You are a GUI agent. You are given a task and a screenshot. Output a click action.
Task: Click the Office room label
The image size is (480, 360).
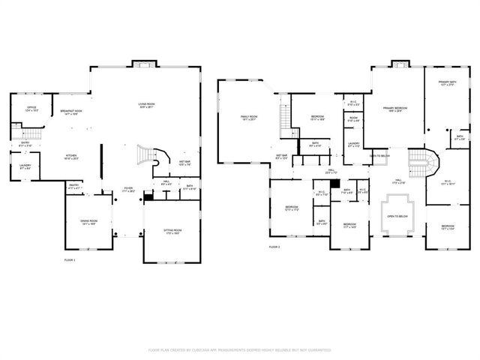tap(32, 109)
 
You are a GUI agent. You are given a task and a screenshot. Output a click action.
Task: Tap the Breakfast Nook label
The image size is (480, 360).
tap(71, 112)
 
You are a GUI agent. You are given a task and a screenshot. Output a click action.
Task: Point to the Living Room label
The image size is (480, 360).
tap(145, 106)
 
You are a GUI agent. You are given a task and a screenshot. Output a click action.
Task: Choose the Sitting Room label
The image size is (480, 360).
tap(172, 232)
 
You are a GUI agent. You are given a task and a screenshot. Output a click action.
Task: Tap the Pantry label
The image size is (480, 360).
tap(75, 186)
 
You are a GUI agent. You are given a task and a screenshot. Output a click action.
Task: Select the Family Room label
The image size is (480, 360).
tap(249, 118)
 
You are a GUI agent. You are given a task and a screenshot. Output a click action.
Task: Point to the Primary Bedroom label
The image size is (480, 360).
tap(395, 109)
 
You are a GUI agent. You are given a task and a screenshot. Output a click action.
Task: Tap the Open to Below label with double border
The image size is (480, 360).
tap(397, 216)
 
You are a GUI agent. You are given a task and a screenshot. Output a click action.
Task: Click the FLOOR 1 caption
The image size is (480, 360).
tap(70, 259)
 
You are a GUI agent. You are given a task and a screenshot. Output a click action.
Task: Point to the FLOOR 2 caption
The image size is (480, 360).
tap(274, 247)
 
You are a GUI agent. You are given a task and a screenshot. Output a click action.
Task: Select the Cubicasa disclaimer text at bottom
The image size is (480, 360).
tap(240, 349)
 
